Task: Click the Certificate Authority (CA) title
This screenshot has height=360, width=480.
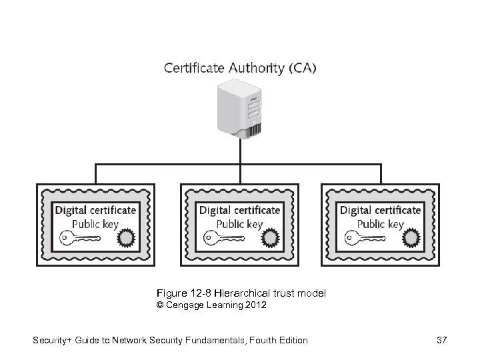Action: pyautogui.click(x=240, y=67)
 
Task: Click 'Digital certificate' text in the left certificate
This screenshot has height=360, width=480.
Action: pyautogui.click(x=95, y=210)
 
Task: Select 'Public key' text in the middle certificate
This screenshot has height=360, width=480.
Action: pyautogui.click(x=240, y=224)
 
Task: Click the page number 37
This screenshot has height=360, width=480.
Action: pyautogui.click(x=441, y=341)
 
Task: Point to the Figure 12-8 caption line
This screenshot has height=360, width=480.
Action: pyautogui.click(x=241, y=293)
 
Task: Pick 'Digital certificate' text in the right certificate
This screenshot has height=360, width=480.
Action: pyautogui.click(x=380, y=210)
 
